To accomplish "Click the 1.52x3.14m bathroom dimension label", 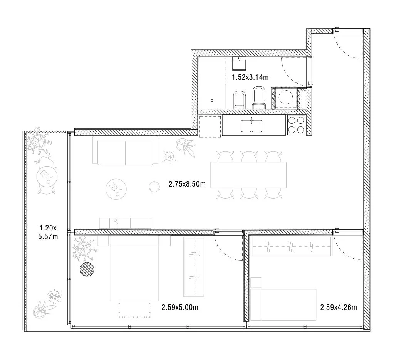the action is [x=250, y=77].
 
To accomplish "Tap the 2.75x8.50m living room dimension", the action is [x=187, y=184].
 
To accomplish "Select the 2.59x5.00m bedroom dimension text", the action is [x=180, y=307].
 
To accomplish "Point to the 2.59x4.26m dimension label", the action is [x=339, y=307].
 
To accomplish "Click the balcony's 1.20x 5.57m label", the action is [x=48, y=232].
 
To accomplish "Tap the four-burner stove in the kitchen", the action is [x=296, y=124].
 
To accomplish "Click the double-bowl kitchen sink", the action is [x=252, y=126].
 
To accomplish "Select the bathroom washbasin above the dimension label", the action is [x=240, y=64].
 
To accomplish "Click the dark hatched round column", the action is [x=87, y=269].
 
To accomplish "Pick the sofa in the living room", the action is [x=126, y=151].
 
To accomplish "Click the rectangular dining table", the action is [x=248, y=175].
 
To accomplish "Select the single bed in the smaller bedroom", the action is [x=283, y=304].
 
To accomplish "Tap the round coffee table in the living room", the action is [x=116, y=189].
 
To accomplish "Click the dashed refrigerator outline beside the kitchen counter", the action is [x=210, y=126].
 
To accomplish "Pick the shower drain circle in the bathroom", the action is [x=212, y=101].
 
